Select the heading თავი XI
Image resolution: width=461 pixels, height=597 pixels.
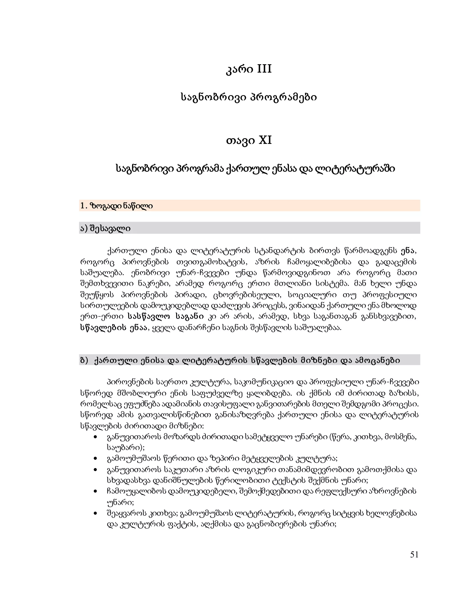coord(249,141)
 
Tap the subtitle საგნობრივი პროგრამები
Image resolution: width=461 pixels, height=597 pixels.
coord(249,97)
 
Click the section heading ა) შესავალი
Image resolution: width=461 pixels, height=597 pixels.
coord(105,228)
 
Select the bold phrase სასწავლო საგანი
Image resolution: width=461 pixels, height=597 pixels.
coord(165,317)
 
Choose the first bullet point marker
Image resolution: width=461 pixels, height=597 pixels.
coord(95,437)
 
